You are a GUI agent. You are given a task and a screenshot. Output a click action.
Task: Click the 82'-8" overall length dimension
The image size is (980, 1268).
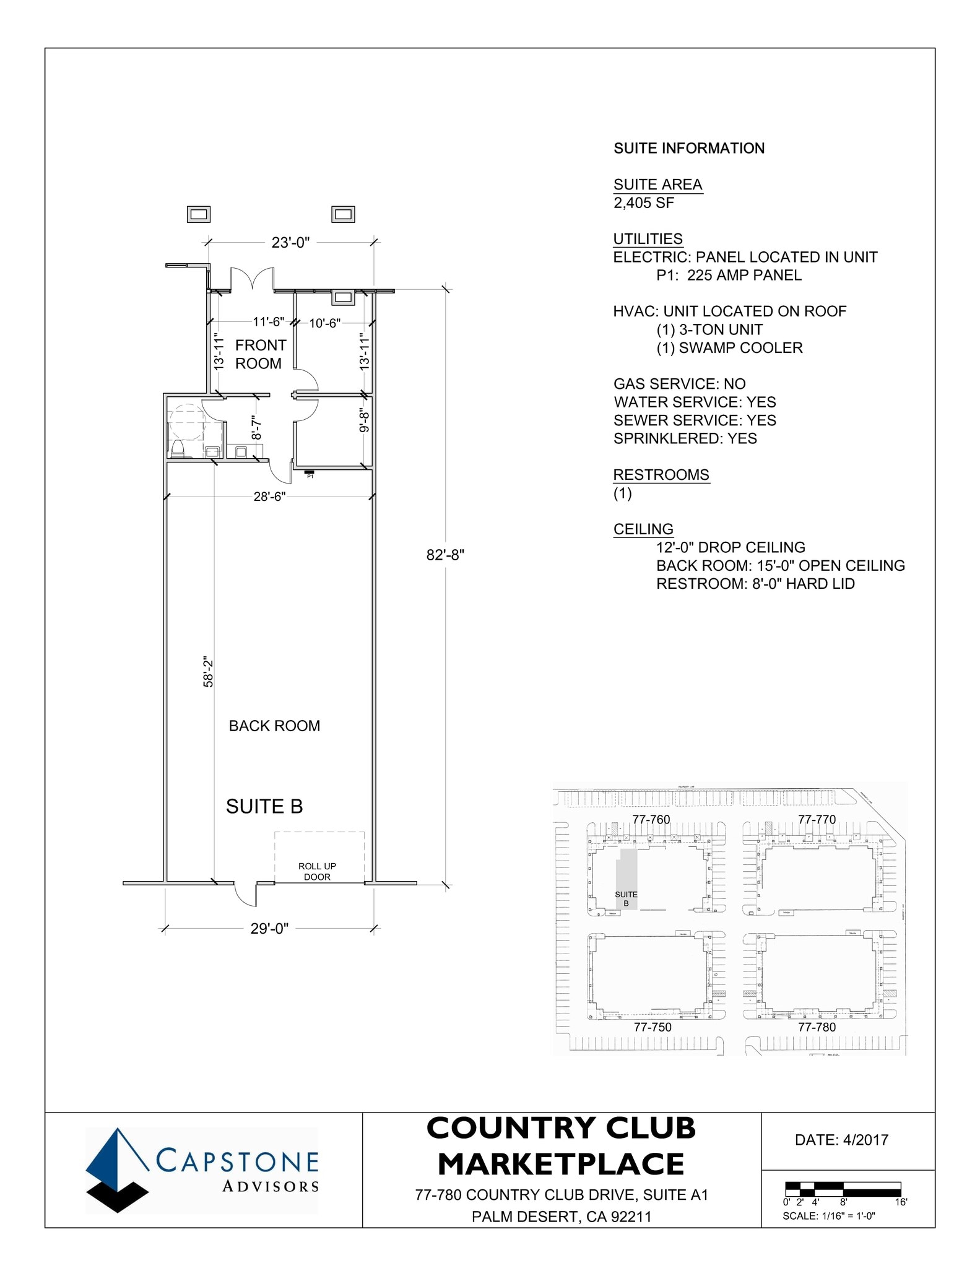click(x=445, y=555)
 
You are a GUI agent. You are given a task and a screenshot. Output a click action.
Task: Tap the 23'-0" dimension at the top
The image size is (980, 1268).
click(x=290, y=243)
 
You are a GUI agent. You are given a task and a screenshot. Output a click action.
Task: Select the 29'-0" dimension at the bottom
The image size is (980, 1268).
click(x=269, y=929)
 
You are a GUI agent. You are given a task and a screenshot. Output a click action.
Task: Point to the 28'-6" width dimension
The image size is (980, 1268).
click(x=269, y=497)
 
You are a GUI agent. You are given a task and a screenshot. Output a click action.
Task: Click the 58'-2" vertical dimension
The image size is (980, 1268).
click(x=209, y=672)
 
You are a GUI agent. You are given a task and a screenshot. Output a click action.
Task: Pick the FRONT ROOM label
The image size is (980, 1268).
click(x=260, y=354)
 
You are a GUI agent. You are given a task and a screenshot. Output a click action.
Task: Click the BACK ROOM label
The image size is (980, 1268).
click(x=274, y=726)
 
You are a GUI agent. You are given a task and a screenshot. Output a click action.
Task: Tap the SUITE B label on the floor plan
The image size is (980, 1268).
click(x=264, y=806)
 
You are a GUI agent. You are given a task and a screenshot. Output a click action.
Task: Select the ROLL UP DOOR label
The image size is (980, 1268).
click(x=317, y=871)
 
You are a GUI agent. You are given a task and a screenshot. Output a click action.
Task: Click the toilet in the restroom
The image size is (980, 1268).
click(x=178, y=448)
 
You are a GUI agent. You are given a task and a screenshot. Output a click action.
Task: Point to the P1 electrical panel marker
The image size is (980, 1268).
click(x=310, y=474)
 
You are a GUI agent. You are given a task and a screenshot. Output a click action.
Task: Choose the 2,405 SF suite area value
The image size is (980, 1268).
click(x=644, y=203)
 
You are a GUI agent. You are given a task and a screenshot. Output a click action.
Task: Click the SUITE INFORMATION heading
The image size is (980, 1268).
click(x=689, y=149)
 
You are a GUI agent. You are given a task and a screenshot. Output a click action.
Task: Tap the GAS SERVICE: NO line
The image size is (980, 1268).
click(x=679, y=384)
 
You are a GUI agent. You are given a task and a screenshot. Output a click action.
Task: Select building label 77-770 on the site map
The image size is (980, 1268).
click(x=817, y=819)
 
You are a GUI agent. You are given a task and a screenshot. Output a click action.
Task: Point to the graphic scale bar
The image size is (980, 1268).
click(x=843, y=1189)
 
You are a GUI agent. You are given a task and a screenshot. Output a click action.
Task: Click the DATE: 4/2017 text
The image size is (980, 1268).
click(x=841, y=1140)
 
